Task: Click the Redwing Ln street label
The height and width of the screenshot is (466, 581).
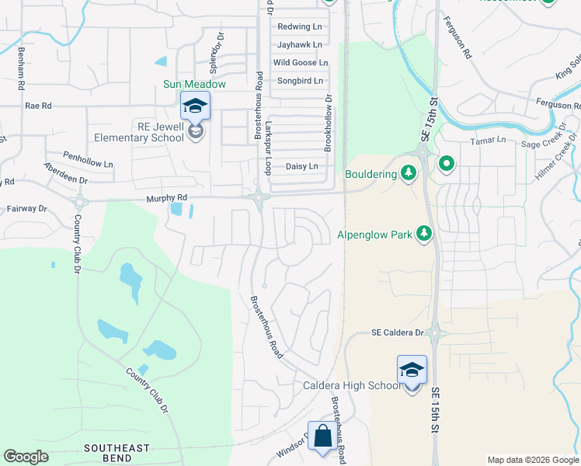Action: (299, 26)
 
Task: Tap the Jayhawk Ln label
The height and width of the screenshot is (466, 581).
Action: (299, 44)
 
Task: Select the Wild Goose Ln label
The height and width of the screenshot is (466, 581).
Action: (301, 62)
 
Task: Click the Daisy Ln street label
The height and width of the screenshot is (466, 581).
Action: (302, 166)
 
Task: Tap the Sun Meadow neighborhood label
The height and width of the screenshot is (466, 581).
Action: (194, 84)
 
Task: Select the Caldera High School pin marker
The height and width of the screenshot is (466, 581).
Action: (412, 370)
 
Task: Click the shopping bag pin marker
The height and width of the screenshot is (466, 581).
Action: (322, 436)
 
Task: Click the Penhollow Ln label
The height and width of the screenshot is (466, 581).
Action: (88, 155)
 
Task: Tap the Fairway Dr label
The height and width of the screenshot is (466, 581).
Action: (27, 209)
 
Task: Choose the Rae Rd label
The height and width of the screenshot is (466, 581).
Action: (38, 106)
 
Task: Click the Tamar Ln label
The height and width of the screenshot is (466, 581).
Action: (488, 141)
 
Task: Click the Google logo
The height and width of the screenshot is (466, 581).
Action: (26, 457)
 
